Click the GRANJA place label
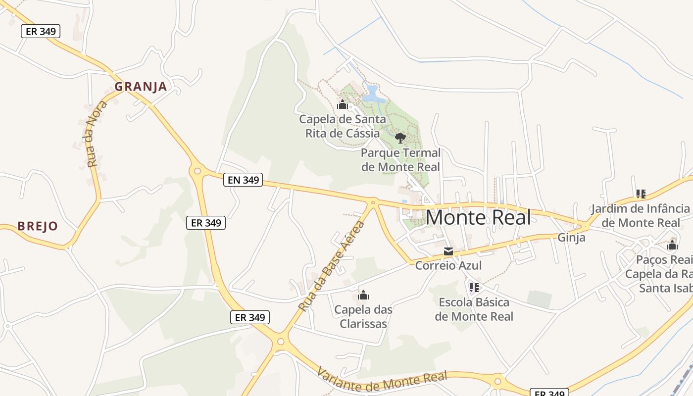141,87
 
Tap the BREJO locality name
38,226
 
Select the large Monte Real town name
478,217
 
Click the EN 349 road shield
243,180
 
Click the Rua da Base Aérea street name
331,267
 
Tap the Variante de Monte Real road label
382,381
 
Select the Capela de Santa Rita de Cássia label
343,126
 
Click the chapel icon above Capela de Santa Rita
342,105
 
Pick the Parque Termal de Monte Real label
400,159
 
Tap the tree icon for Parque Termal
400,138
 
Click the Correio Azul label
448,265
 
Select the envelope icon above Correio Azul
448,251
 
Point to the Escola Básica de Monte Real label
474,309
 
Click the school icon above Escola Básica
474,287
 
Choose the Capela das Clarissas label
363,316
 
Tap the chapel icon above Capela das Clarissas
363,296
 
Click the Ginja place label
571,237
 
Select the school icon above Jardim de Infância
641,194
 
